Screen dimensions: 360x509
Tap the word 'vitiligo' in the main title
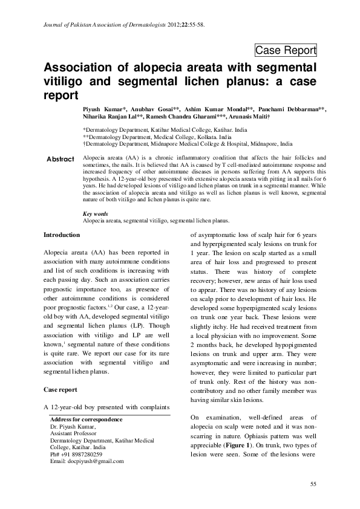pyautogui.click(x=63, y=81)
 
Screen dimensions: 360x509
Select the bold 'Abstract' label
pyautogui.click(x=60, y=159)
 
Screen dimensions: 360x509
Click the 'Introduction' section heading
pyautogui.click(x=62, y=235)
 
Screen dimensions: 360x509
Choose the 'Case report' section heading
pyautogui.click(x=61, y=390)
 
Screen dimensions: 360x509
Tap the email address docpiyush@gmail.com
pyautogui.click(x=87, y=461)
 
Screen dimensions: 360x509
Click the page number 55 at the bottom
pyautogui.click(x=313, y=484)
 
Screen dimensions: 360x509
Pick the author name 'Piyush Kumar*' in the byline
pyautogui.click(x=105, y=108)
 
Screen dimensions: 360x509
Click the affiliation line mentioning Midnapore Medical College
pyautogui.click(x=188, y=144)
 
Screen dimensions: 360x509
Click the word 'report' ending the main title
pyautogui.click(x=62, y=96)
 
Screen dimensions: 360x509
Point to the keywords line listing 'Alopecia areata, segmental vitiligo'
pyautogui.click(x=156, y=221)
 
